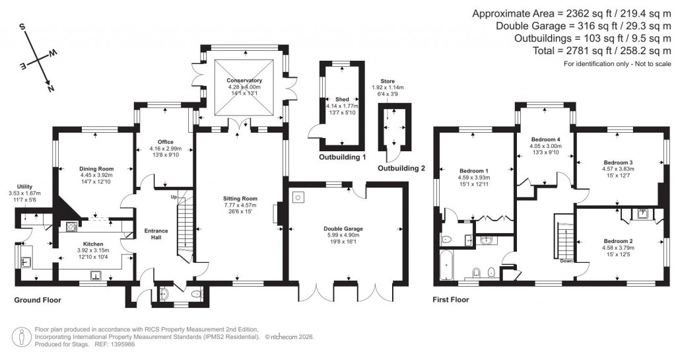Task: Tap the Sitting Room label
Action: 240,198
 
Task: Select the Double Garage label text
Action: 344,229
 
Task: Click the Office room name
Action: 165,141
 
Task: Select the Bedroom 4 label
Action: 545,139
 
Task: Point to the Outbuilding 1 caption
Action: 342,157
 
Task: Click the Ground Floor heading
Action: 38,300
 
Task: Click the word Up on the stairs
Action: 174,197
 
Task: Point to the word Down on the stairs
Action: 566,260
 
